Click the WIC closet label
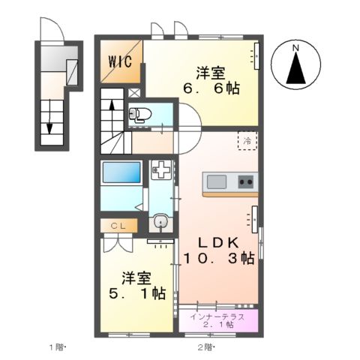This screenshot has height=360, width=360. pyautogui.click(x=119, y=61)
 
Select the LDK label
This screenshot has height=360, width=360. pyautogui.click(x=218, y=241)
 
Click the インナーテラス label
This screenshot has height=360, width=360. pyautogui.click(x=217, y=316)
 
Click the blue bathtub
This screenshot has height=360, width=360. pyautogui.click(x=121, y=172)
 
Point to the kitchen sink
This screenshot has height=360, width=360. pyautogui.click(x=217, y=181)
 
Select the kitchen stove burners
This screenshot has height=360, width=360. pyautogui.click(x=245, y=181)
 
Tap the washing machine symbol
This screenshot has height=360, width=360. pyautogui.click(x=160, y=169)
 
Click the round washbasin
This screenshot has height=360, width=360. pyautogui.click(x=160, y=222)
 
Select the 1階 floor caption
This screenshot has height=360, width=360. pyautogui.click(x=58, y=347)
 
